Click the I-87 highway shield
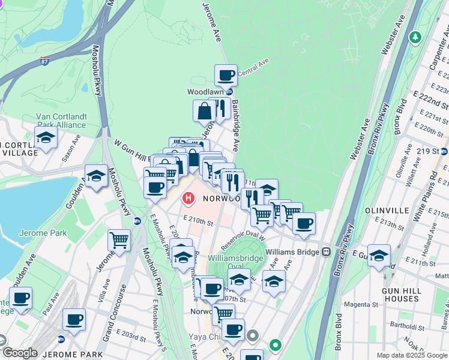[45, 61]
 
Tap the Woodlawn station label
[205, 92]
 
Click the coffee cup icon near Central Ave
[226, 76]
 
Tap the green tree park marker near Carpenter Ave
[414, 38]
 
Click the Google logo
[19, 353]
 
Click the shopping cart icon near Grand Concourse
[119, 241]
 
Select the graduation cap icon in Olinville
[379, 256]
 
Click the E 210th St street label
[199, 221]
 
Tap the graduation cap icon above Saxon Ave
[46, 137]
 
